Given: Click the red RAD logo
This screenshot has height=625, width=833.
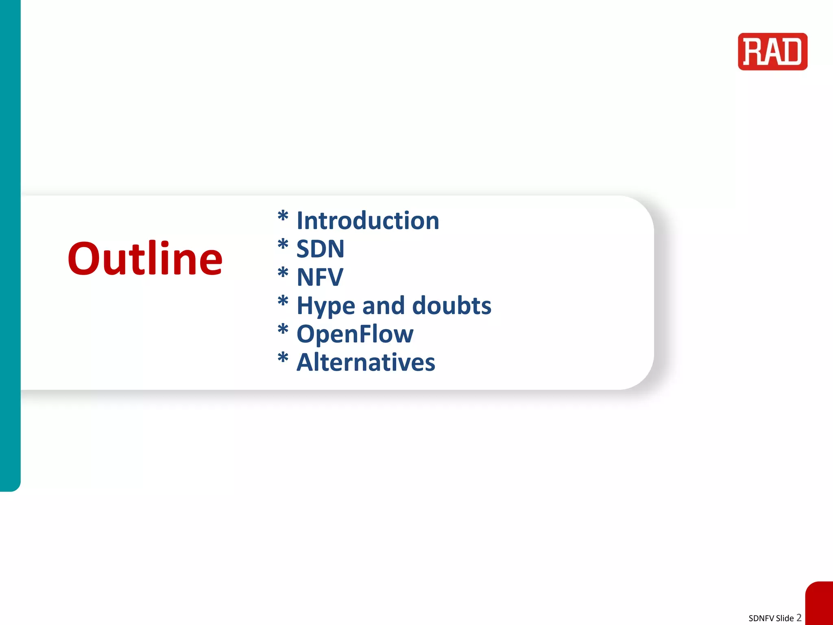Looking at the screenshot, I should tap(772, 52).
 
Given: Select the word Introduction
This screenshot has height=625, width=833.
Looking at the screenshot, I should tap(368, 221).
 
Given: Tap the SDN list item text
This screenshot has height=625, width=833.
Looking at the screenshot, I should tap(320, 249).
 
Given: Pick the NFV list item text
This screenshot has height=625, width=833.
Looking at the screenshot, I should tap(320, 278).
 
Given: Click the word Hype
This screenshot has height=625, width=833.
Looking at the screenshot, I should tap(326, 306).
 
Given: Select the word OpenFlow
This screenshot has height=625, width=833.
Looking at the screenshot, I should tap(355, 334).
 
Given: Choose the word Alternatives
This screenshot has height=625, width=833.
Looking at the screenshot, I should tap(366, 362).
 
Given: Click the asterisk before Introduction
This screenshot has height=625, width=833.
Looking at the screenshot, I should tap(283, 216).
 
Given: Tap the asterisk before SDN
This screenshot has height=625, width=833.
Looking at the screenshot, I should tap(283, 244).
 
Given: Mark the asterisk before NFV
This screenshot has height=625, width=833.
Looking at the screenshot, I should tap(283, 273).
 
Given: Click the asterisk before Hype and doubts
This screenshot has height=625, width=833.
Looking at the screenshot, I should tap(283, 301).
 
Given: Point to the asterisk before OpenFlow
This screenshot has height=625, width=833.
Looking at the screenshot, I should tap(283, 329).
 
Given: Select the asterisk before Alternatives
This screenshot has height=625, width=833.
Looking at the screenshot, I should tap(283, 358).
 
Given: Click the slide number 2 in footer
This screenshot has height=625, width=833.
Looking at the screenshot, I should tap(799, 617).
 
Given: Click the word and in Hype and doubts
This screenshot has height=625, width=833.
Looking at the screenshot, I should tap(384, 306).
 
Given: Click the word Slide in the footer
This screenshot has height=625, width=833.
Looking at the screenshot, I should tap(785, 618).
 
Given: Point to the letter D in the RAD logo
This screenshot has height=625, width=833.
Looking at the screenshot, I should tap(793, 52).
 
